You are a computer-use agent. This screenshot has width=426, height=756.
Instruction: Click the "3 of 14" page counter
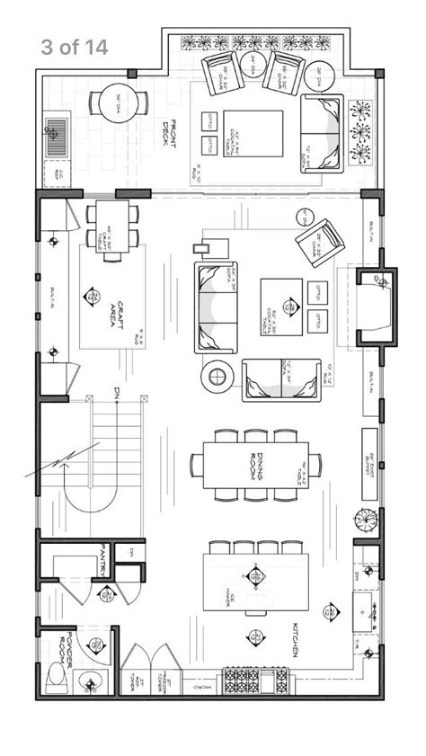pyautogui.click(x=74, y=48)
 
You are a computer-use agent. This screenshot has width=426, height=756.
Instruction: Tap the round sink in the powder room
pyautogui.click(x=89, y=680)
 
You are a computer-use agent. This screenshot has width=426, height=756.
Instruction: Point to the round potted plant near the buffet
pyautogui.click(x=366, y=520)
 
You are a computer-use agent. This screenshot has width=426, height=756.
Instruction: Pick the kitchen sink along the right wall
pyautogui.click(x=368, y=611)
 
